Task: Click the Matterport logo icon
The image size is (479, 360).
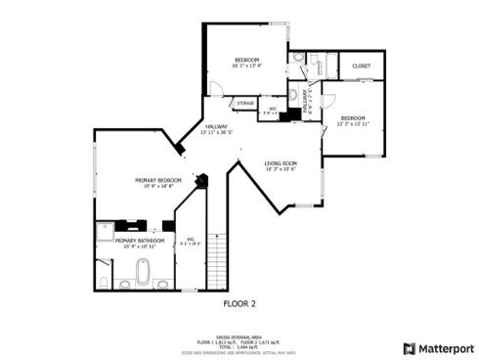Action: click(x=410, y=347)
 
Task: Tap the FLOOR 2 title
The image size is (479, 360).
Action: click(x=239, y=303)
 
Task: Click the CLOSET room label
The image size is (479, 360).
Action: click(x=361, y=67)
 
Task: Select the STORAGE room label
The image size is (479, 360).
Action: click(x=245, y=103)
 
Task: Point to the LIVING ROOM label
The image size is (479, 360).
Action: click(x=281, y=162)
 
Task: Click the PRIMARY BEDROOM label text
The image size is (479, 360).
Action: click(x=158, y=180)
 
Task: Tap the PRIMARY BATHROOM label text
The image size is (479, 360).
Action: click(x=139, y=240)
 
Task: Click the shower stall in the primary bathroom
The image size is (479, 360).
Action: click(x=107, y=233)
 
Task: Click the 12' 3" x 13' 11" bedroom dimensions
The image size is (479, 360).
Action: click(x=351, y=125)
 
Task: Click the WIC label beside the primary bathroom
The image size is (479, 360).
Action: click(x=192, y=239)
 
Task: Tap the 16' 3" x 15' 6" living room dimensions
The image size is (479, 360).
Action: click(x=281, y=169)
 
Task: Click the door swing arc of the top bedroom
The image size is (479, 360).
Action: click(x=217, y=89)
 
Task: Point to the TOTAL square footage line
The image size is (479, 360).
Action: click(x=239, y=346)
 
